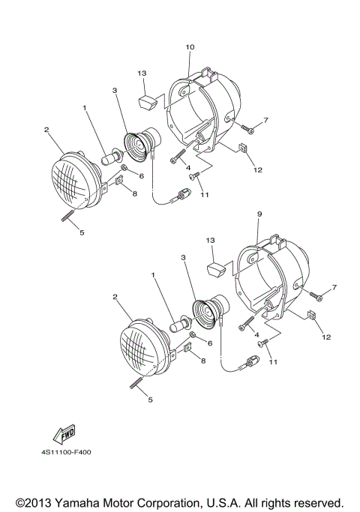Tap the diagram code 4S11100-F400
pos(66,452)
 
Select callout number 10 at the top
pos(190,47)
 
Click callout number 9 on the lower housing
pos(259,214)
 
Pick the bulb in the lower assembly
pos(181,323)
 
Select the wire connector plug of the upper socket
pos(183,194)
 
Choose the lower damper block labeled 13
pos(215,269)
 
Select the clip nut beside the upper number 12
pos(243,148)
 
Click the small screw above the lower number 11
pos(262,343)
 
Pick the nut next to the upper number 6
pos(124,167)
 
